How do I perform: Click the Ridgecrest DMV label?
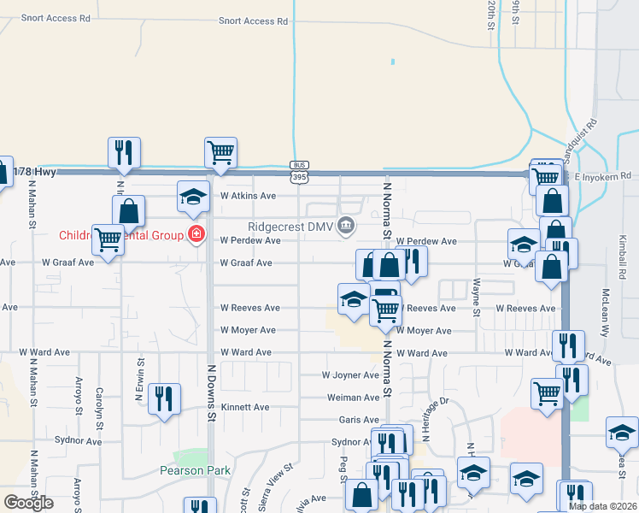tap(290, 227)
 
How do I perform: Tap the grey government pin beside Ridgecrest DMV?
tap(346, 227)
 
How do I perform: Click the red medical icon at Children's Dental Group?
tap(196, 234)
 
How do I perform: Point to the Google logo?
tap(28, 503)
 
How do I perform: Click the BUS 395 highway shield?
tap(298, 172)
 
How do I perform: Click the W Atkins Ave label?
tap(248, 196)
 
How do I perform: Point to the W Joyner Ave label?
tap(350, 375)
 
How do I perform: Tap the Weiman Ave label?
tap(354, 398)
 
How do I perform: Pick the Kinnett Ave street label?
tap(245, 408)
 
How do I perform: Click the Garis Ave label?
tap(359, 420)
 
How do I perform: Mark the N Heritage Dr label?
tap(432, 419)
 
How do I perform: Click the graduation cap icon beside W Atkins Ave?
tap(193, 196)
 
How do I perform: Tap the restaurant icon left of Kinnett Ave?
tap(164, 398)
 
